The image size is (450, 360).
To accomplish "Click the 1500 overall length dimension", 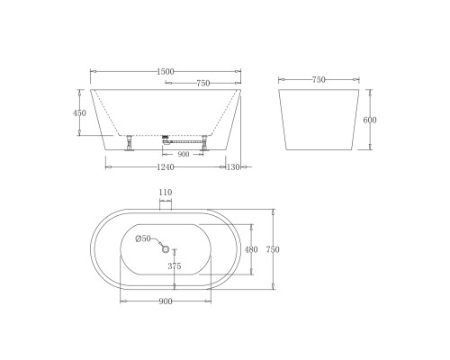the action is point(166,72).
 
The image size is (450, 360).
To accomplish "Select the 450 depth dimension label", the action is point(79,113).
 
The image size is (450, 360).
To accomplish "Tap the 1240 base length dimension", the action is point(166,167).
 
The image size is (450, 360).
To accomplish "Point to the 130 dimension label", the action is point(233,167).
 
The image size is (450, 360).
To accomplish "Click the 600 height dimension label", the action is point(370,120).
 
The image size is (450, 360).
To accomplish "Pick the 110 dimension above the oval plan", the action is point(166,193).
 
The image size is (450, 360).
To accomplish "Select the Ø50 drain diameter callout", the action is point(143,238).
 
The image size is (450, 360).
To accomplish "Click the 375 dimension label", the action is point(175,265).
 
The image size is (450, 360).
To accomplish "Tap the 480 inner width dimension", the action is point(251,249).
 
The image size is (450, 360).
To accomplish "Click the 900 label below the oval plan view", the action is point(166,301).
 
